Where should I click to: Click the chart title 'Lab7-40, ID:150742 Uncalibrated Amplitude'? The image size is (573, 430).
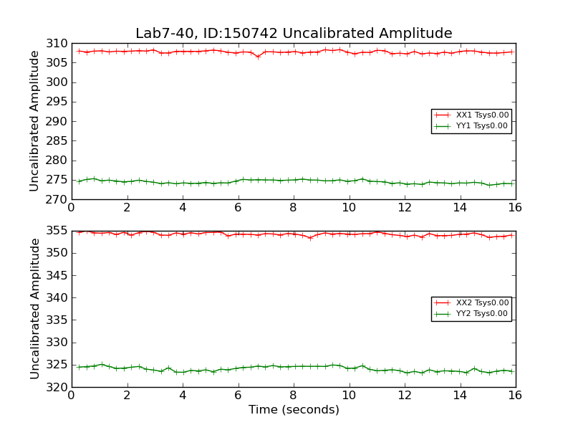click(294, 34)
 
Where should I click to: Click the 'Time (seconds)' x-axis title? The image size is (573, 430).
click(294, 410)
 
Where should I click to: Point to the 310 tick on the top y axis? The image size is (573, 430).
click(57, 43)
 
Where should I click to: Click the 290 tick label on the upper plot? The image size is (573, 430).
click(57, 121)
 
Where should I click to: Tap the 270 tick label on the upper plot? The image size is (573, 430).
click(57, 199)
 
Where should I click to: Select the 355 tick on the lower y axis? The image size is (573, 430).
click(57, 231)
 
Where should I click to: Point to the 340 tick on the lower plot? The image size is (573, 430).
click(57, 297)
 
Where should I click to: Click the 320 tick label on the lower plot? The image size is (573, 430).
click(57, 387)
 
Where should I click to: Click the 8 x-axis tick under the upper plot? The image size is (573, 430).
click(293, 207)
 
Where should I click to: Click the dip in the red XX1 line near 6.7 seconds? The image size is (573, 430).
click(258, 57)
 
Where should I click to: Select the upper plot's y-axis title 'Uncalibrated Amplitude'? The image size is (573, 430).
click(34, 121)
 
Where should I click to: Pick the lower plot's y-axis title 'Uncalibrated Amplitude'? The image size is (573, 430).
click(34, 309)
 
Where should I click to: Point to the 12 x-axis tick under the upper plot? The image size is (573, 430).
click(404, 207)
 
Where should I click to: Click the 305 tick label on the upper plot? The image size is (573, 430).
click(57, 62)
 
